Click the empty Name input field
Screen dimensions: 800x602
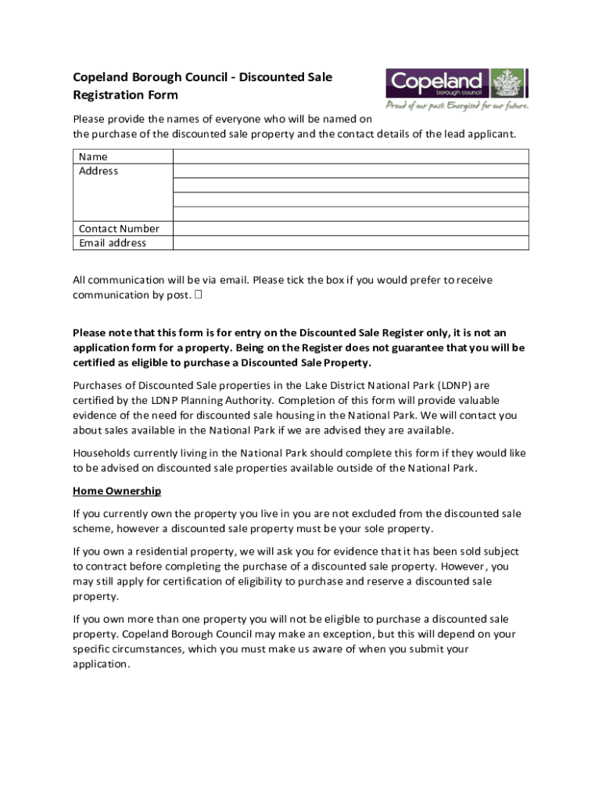pos(350,156)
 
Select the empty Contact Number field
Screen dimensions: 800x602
pos(350,229)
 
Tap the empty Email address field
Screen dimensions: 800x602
pos(350,243)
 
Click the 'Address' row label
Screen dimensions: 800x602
pos(99,171)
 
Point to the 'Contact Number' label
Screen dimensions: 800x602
pos(119,229)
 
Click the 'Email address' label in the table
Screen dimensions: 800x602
pos(113,243)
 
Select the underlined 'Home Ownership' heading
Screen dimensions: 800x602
pos(116,491)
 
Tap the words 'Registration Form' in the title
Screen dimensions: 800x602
pos(125,95)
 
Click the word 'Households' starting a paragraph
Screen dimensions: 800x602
pos(102,453)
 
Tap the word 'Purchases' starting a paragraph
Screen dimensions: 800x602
pos(99,385)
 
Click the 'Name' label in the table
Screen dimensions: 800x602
pos(93,156)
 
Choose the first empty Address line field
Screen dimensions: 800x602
pos(350,171)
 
